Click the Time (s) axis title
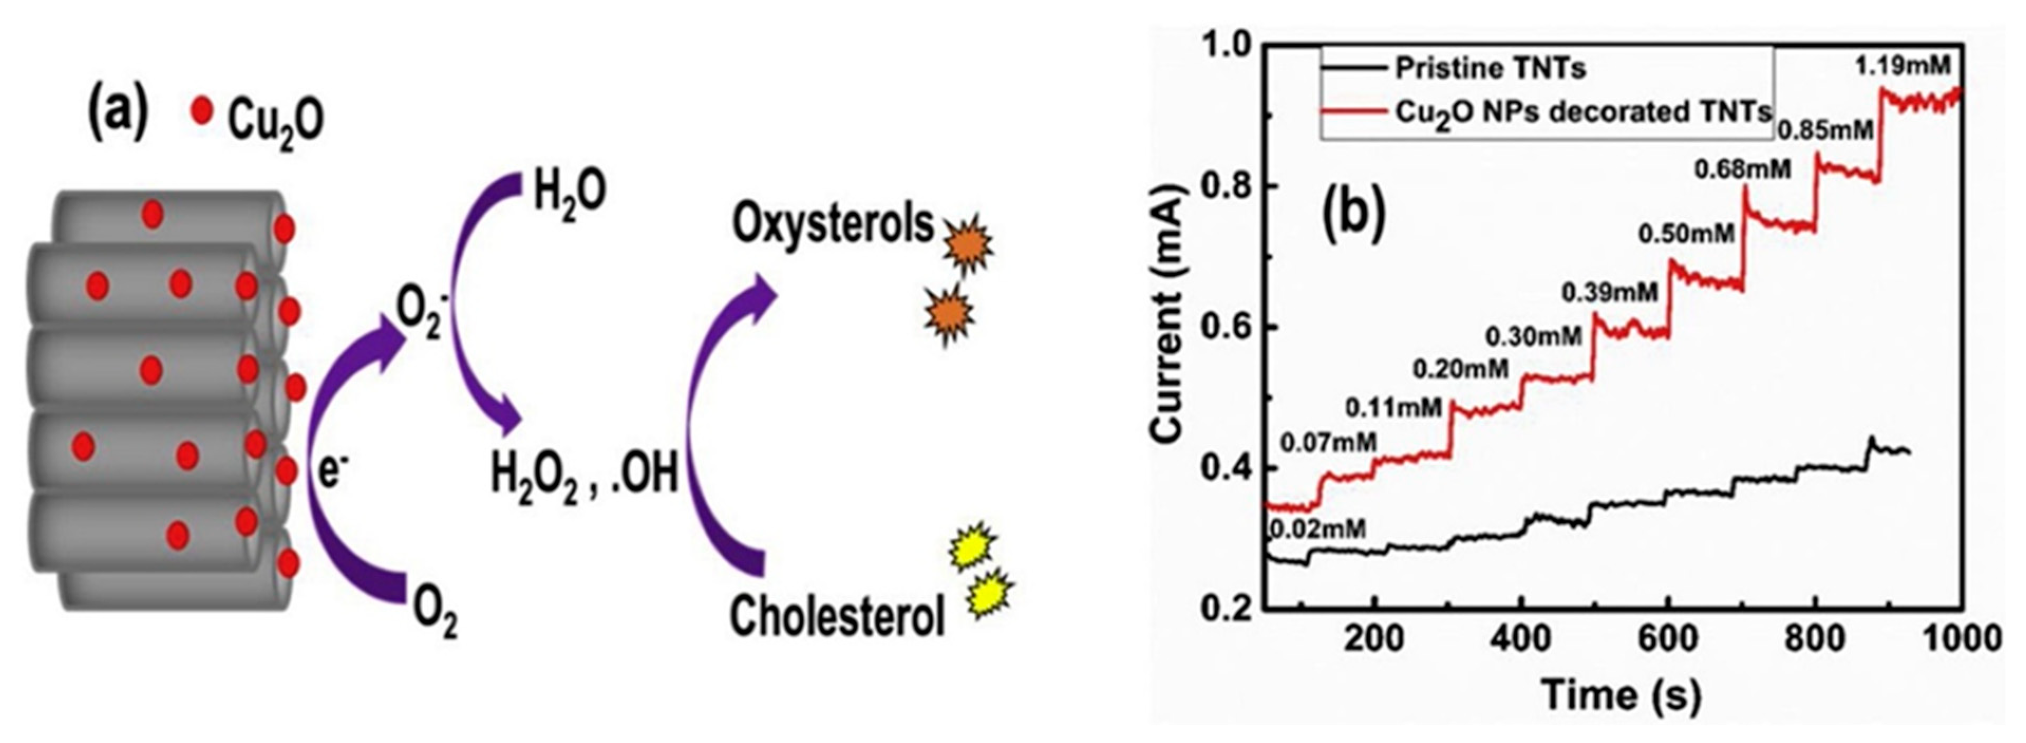1620,694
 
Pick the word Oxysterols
832,224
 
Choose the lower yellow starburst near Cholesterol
990,595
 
